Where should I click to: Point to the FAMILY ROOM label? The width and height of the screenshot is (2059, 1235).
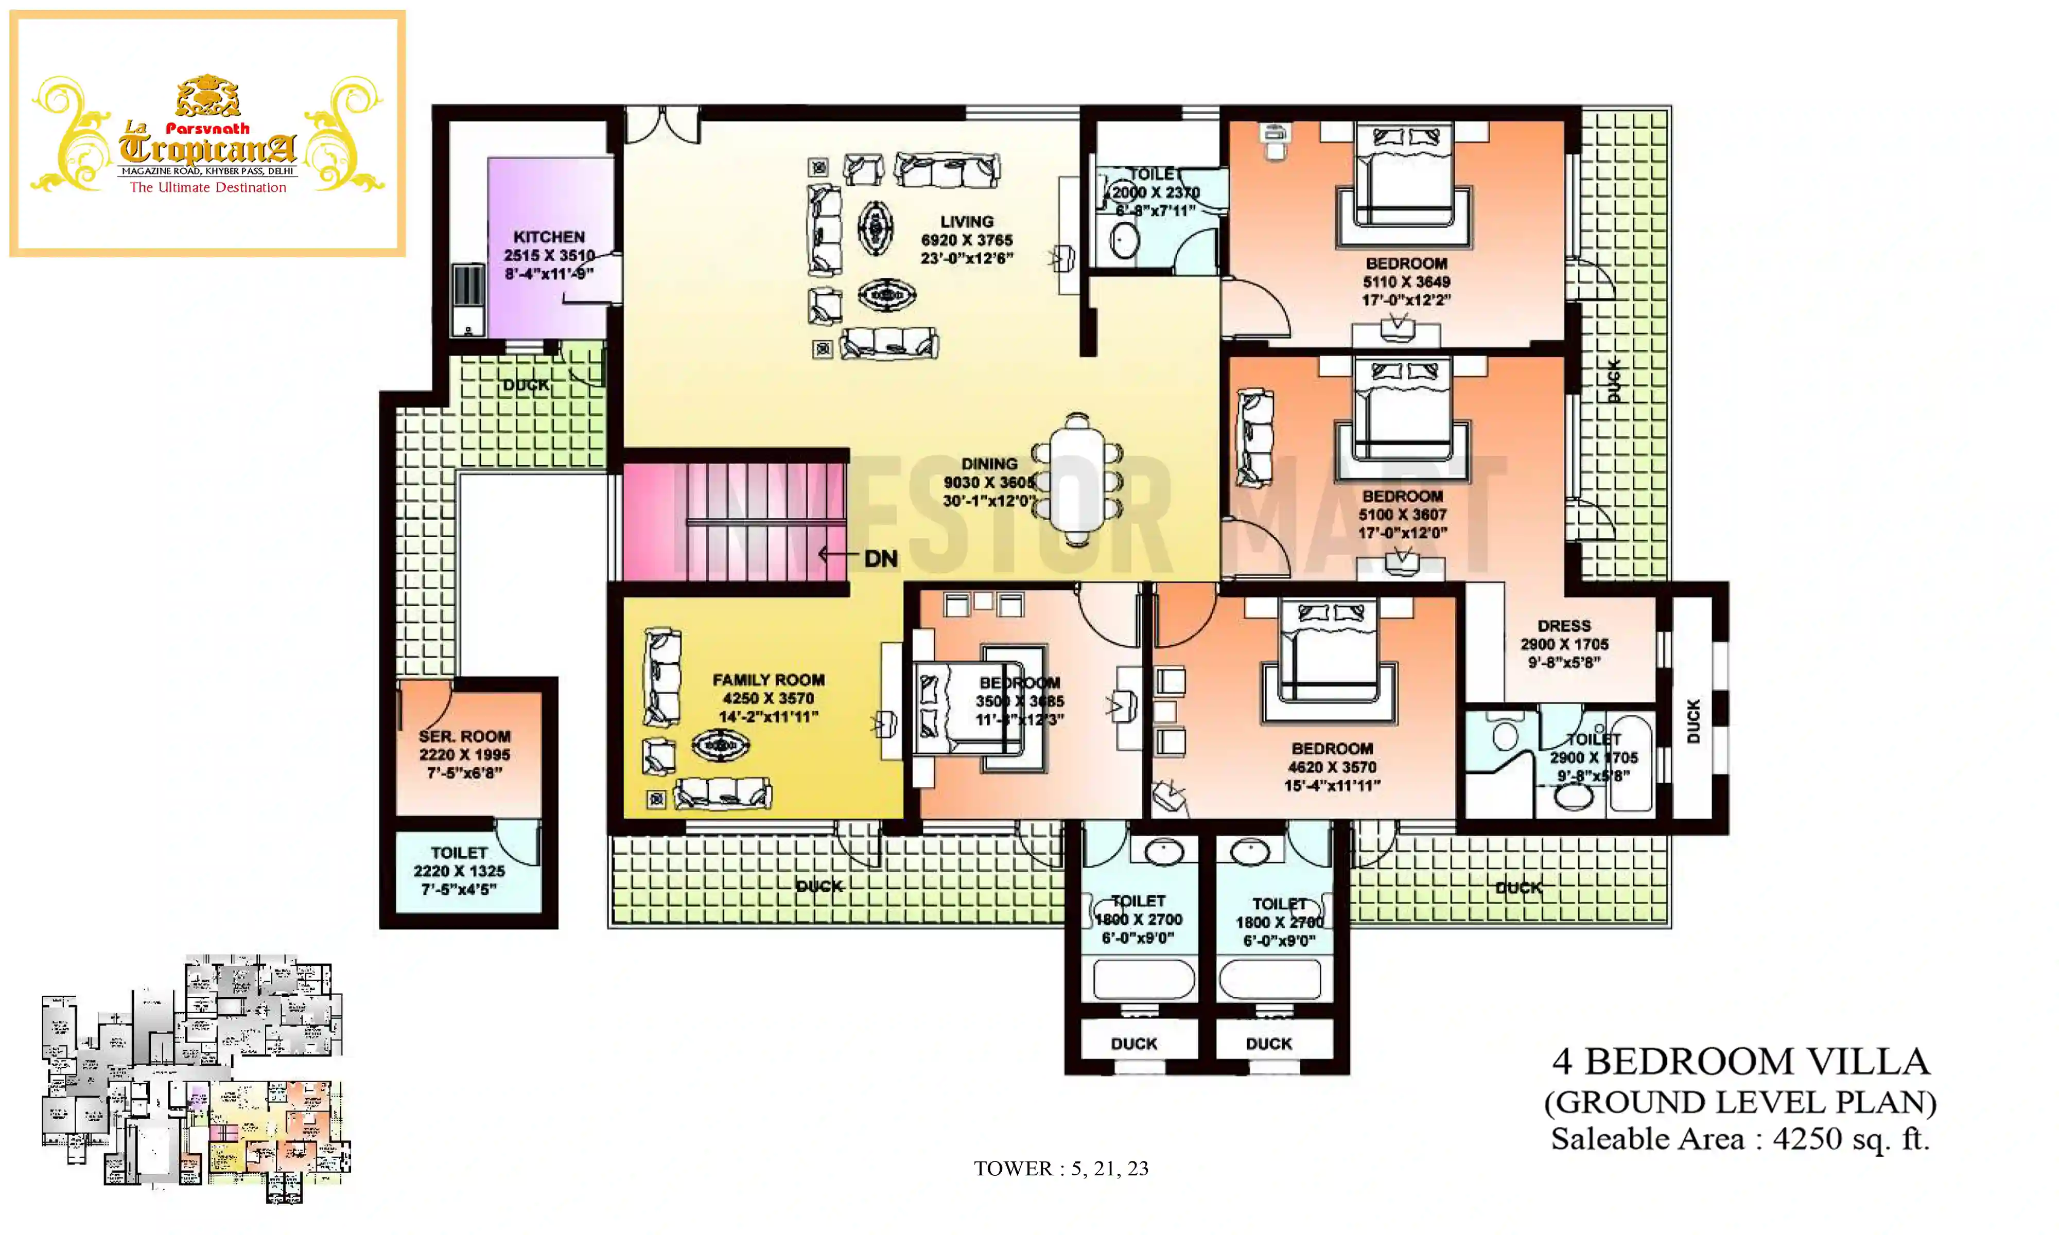(x=768, y=680)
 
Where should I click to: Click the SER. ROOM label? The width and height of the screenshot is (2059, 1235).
(x=464, y=736)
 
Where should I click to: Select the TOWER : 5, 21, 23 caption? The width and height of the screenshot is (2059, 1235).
(x=1060, y=1169)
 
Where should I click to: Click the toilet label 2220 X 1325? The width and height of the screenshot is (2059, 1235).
(x=459, y=871)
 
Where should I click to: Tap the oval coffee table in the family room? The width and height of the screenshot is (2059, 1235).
(x=720, y=745)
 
